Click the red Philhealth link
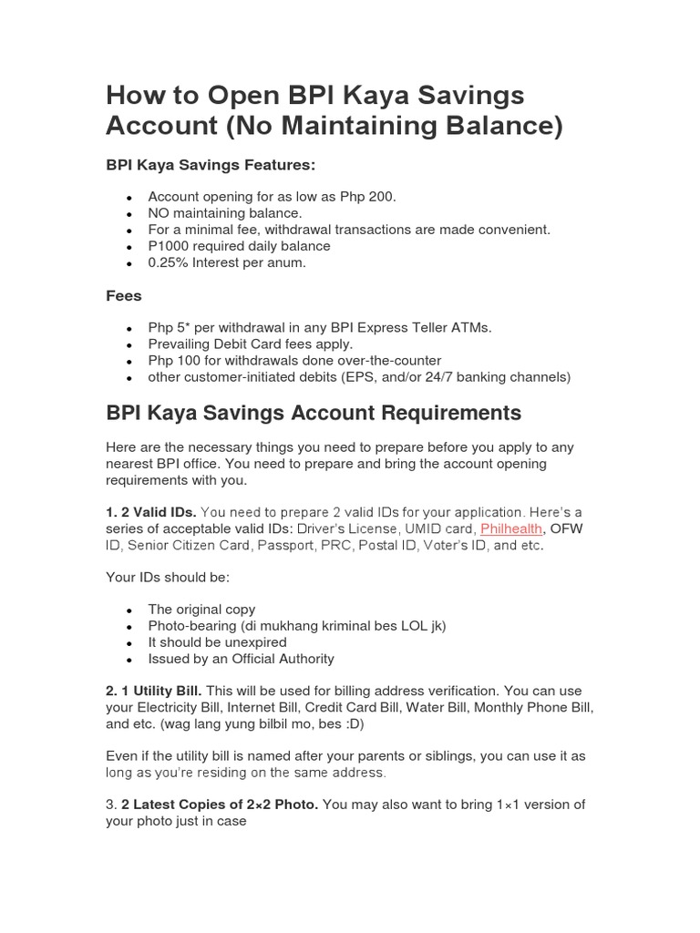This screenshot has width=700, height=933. tap(511, 528)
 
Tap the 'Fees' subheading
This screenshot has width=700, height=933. tap(124, 296)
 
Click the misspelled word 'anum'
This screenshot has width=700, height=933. tap(286, 262)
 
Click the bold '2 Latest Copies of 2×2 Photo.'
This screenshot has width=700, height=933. tap(220, 805)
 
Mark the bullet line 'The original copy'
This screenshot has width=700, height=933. tap(201, 610)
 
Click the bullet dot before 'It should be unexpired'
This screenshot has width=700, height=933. tap(130, 643)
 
